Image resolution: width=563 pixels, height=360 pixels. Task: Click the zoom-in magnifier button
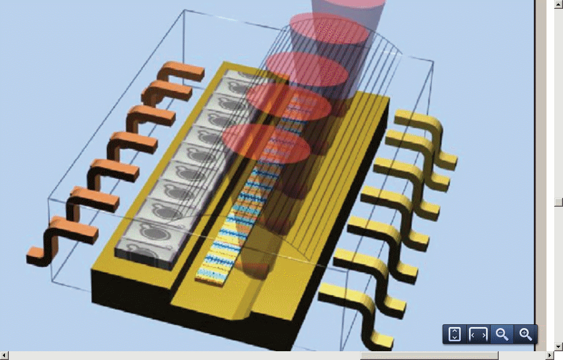526,334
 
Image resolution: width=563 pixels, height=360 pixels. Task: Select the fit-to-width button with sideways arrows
478,334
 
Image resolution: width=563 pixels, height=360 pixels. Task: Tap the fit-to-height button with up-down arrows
454,334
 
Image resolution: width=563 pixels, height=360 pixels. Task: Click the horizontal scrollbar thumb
429,356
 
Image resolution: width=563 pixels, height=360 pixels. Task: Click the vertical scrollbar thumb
559,202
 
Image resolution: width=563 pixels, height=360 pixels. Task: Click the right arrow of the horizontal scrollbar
550,356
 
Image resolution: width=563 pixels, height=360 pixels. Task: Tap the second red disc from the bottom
289,102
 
